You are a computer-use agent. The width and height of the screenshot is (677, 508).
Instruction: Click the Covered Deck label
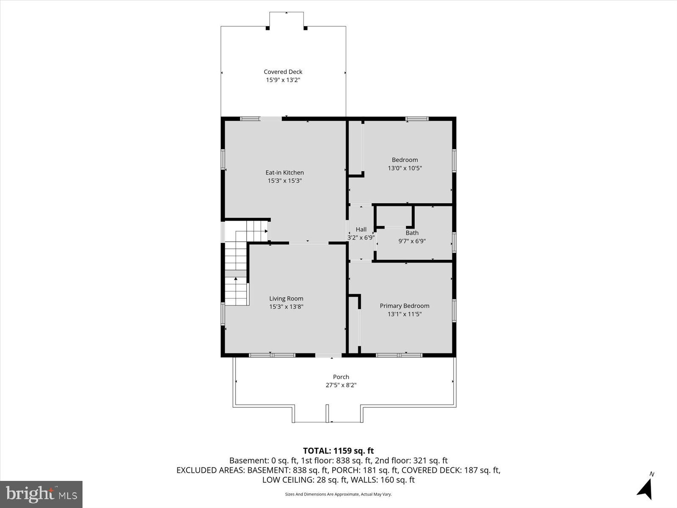(x=283, y=72)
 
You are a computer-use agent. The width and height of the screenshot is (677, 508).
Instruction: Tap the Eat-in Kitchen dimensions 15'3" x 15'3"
(x=284, y=181)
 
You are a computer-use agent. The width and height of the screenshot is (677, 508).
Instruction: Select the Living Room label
(x=286, y=298)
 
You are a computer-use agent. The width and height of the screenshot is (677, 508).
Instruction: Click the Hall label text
(x=361, y=229)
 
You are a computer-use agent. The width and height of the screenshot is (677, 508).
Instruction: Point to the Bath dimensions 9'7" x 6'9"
(x=412, y=241)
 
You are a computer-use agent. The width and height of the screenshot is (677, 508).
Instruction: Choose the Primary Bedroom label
(x=405, y=306)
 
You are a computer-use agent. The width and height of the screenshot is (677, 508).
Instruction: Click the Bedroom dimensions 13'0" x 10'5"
(x=405, y=168)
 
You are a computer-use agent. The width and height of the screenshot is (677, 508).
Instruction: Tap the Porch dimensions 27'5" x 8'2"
(x=341, y=385)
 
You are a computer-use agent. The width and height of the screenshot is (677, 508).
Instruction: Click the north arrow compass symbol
(x=645, y=488)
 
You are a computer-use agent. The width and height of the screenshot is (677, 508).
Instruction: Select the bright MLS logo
(x=41, y=494)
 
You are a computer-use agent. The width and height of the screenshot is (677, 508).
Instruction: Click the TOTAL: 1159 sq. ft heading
(x=338, y=451)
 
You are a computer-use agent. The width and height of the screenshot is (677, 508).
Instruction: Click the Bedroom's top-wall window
(x=417, y=119)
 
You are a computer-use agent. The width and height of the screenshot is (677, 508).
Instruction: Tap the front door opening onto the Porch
(x=329, y=355)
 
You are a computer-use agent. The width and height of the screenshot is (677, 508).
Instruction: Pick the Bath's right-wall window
(x=454, y=242)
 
